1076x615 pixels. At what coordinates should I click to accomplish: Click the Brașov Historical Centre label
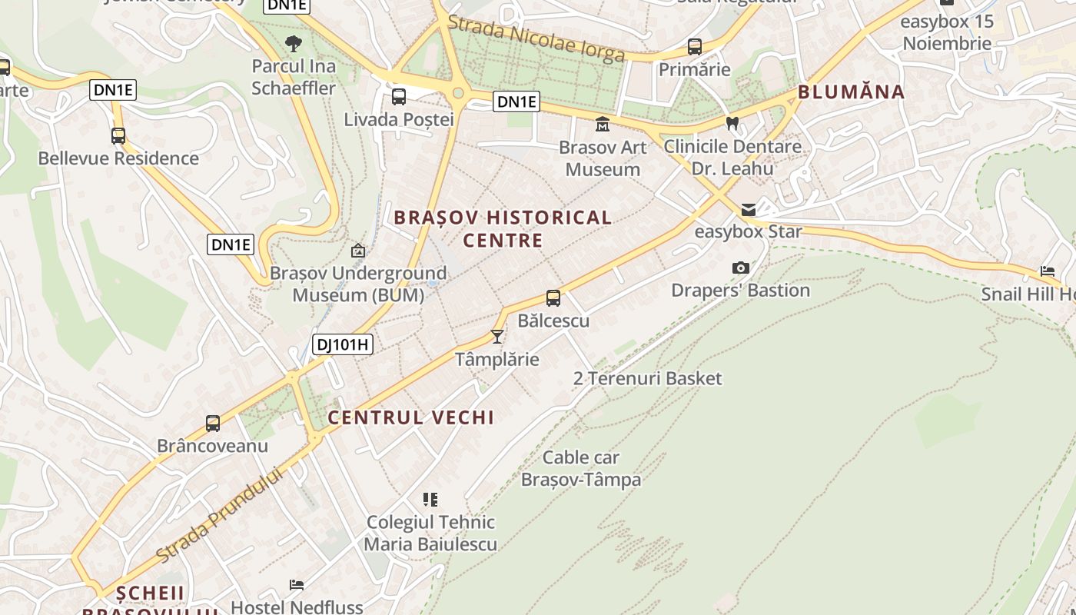(503, 228)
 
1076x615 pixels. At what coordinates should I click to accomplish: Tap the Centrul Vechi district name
(410, 417)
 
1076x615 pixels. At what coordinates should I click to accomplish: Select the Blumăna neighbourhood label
(851, 92)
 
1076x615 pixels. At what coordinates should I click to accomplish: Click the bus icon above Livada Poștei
(398, 97)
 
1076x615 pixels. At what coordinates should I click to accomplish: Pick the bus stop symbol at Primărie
(695, 47)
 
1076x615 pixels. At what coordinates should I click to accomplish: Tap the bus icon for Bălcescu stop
(553, 298)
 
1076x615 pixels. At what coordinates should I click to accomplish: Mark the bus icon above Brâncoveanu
(212, 424)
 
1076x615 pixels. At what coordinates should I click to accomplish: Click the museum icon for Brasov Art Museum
(603, 124)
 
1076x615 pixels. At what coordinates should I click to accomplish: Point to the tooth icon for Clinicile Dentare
(732, 123)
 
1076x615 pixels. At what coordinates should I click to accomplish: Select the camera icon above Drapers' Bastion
(741, 268)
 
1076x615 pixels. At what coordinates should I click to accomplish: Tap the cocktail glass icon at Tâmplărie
(497, 337)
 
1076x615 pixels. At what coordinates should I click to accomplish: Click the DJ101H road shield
(344, 344)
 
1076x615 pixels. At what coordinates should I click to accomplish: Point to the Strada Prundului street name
(218, 514)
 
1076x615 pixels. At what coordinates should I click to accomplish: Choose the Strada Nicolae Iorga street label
(536, 38)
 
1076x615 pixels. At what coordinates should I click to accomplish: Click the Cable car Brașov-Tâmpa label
(581, 468)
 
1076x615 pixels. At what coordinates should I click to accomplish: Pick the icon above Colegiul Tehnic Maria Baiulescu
(430, 500)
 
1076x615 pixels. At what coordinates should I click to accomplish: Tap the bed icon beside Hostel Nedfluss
(296, 585)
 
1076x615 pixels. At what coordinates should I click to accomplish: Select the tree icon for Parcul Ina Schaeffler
(293, 43)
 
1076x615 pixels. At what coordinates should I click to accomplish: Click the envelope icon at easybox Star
(748, 210)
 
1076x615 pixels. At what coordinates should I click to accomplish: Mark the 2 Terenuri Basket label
(647, 378)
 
